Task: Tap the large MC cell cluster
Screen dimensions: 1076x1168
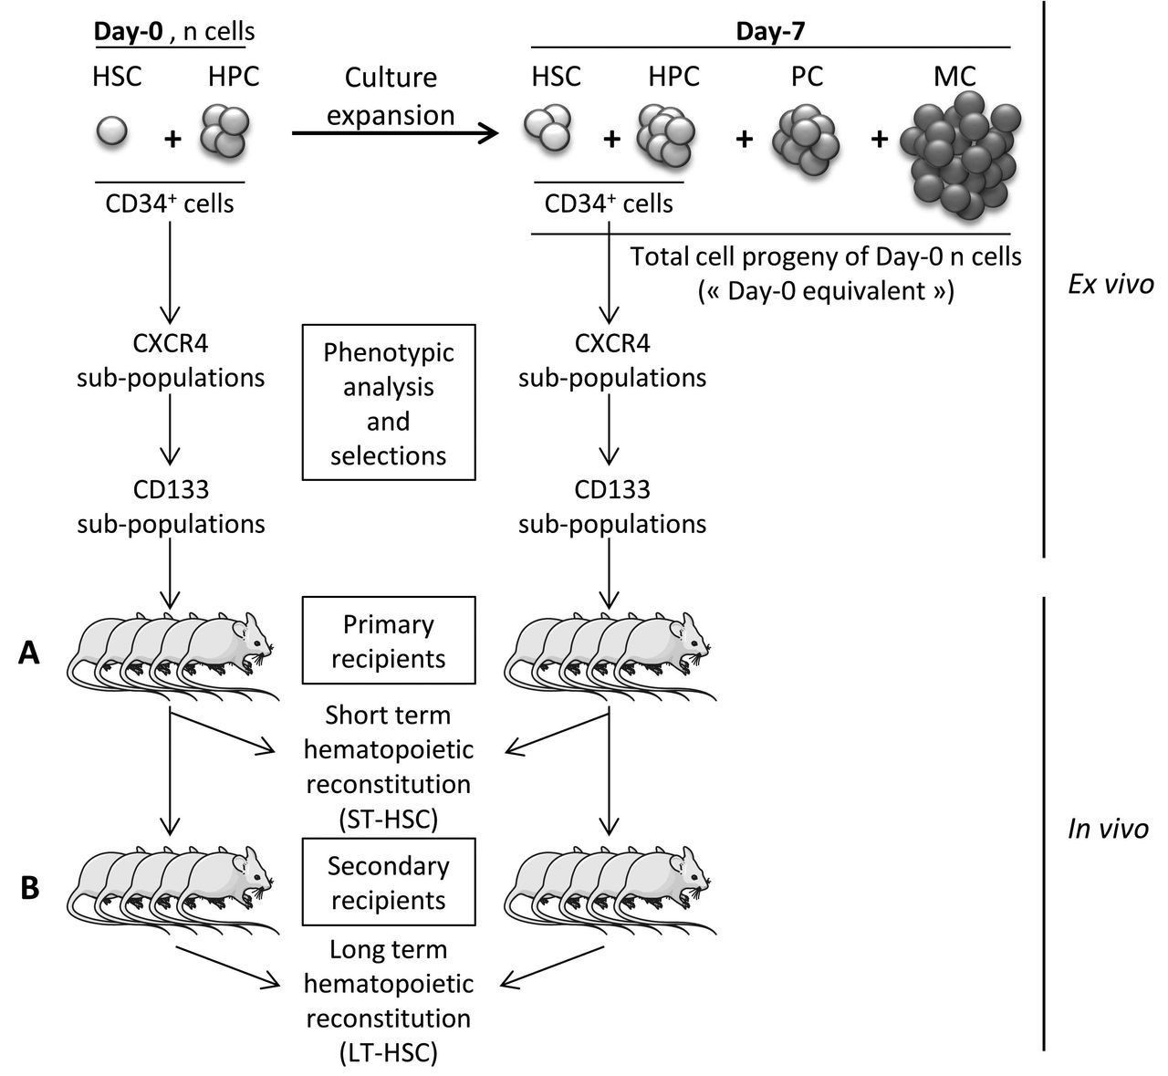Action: coord(958,153)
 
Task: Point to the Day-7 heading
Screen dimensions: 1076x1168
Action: coord(770,30)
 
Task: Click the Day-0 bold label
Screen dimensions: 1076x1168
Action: coord(127,30)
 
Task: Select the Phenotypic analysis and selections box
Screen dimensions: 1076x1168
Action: coord(388,402)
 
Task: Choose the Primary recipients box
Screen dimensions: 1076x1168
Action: coord(388,641)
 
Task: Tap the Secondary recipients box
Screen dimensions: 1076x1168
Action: coord(388,882)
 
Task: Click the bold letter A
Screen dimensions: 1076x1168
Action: coord(30,653)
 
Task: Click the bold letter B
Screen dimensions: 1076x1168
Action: coord(30,888)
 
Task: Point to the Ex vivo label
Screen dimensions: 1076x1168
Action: coord(1110,285)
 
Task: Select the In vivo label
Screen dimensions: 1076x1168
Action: coord(1108,829)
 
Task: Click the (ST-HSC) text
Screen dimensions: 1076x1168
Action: coord(388,820)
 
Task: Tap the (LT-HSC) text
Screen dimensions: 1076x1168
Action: coord(388,1053)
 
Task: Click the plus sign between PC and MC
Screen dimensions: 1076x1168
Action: coord(880,140)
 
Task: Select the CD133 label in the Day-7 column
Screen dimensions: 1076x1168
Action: coord(612,489)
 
